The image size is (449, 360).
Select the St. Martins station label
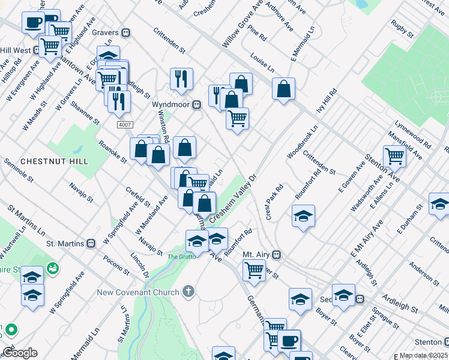click(x=67, y=244)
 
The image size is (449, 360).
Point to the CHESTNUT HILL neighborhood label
click(x=54, y=161)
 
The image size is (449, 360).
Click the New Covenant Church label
click(x=138, y=292)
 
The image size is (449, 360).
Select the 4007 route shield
click(x=124, y=123)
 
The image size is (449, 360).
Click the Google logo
click(x=20, y=353)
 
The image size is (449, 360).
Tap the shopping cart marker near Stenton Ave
click(x=394, y=156)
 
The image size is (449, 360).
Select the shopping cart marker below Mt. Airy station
click(x=254, y=270)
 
